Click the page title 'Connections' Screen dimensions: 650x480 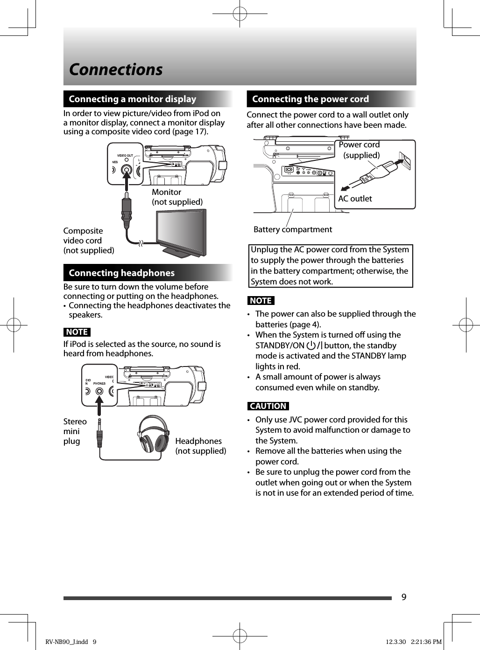pyautogui.click(x=116, y=69)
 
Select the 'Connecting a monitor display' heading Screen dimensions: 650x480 pyautogui.click(x=132, y=99)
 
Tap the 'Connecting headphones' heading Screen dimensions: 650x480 pyautogui.click(x=121, y=273)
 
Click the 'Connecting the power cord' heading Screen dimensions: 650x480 pyautogui.click(x=310, y=99)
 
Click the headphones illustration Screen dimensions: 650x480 pyautogui.click(x=154, y=434)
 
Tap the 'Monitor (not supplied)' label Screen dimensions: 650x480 pyautogui.click(x=177, y=197)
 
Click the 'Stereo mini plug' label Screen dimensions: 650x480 pyautogui.click(x=75, y=431)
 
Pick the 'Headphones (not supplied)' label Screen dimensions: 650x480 pyautogui.click(x=200, y=446)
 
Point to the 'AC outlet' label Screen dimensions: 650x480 pyautogui.click(x=355, y=199)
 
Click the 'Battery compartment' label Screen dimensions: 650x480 pyautogui.click(x=293, y=229)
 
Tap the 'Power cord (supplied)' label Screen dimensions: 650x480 pyautogui.click(x=360, y=150)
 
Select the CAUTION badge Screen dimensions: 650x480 pyautogui.click(x=268, y=406)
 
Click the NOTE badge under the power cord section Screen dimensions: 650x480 pyautogui.click(x=261, y=301)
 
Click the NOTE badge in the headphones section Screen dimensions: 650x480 pyautogui.click(x=77, y=332)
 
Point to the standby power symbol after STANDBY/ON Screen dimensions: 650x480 pyautogui.click(x=311, y=346)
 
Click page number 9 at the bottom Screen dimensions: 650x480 pyautogui.click(x=404, y=597)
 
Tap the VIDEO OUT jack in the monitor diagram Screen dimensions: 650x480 pyautogui.click(x=126, y=171)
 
